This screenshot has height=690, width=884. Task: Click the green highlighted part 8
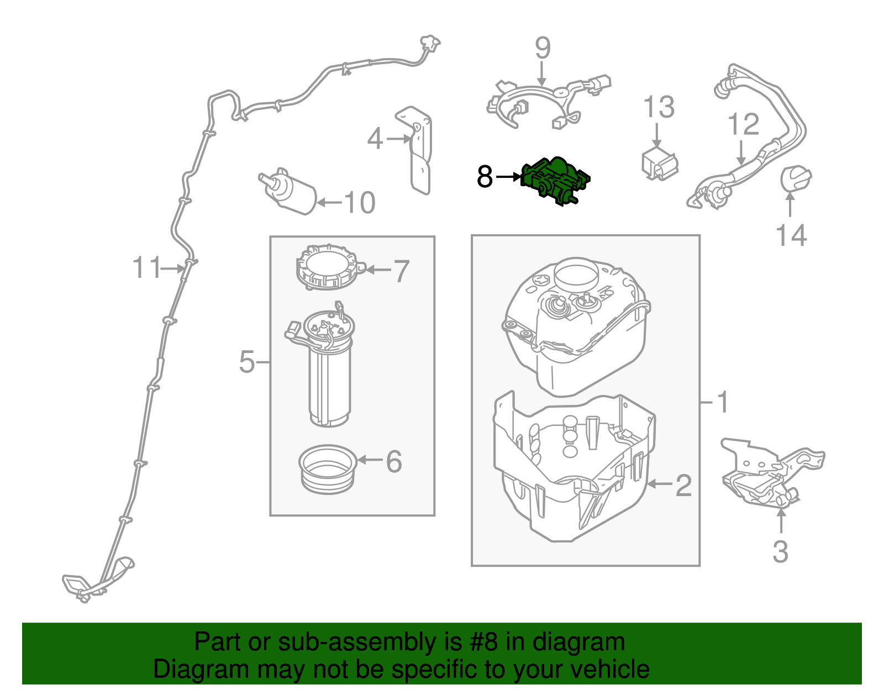pyautogui.click(x=555, y=180)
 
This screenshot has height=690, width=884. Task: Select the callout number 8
pyautogui.click(x=485, y=177)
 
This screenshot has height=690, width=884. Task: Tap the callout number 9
pyautogui.click(x=543, y=48)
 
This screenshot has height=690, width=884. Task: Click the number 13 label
pyautogui.click(x=659, y=107)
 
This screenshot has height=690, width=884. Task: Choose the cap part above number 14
pyautogui.click(x=796, y=179)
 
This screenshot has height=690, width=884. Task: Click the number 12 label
pyautogui.click(x=743, y=125)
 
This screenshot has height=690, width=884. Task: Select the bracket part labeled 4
pyautogui.click(x=420, y=149)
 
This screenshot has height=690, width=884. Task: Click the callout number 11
pyautogui.click(x=146, y=268)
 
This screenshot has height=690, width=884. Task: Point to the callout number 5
pyautogui.click(x=247, y=362)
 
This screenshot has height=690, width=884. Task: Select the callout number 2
pyautogui.click(x=683, y=485)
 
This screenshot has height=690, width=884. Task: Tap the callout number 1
pyautogui.click(x=723, y=402)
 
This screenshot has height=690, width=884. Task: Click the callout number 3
pyautogui.click(x=780, y=551)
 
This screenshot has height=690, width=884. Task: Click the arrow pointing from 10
pyautogui.click(x=329, y=203)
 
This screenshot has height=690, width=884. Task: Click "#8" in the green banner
pyautogui.click(x=485, y=642)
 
